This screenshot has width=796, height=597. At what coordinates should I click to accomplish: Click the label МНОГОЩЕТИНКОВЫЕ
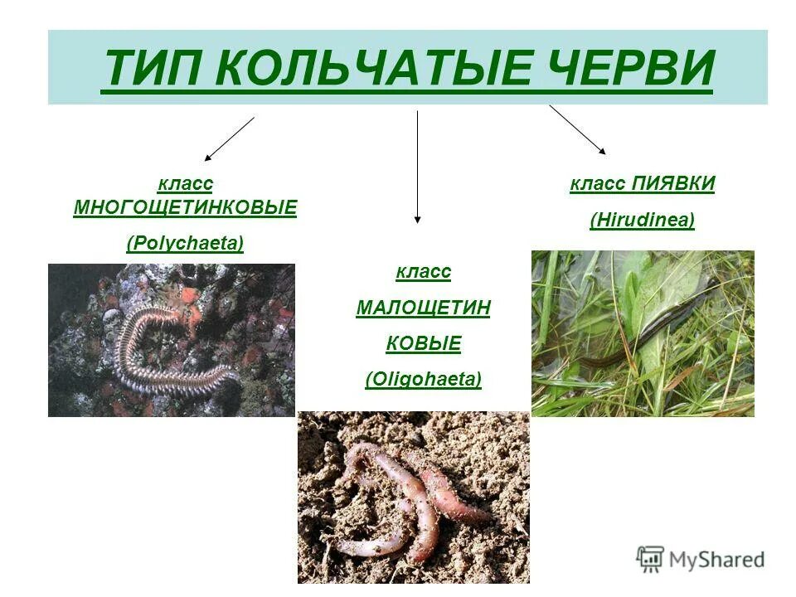185,207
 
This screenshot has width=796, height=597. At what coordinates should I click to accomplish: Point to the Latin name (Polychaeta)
185,243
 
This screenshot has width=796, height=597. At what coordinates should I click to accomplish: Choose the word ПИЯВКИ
672,183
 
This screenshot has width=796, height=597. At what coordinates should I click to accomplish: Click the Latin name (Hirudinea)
642,220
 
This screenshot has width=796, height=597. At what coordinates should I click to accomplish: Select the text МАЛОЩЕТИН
423,308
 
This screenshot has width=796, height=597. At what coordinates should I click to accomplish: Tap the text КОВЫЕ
423,343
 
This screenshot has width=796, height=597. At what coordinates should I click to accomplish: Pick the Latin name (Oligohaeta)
423,379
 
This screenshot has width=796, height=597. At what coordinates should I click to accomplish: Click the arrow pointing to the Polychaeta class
229,138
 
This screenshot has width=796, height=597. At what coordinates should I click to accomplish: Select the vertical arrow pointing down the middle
417,166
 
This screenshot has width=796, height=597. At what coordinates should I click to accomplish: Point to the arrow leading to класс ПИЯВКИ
577,130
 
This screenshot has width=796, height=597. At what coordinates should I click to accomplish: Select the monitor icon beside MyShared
650,559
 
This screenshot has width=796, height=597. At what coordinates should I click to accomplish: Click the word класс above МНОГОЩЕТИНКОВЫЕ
185,183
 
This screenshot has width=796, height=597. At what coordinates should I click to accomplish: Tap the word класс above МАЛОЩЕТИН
423,271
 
